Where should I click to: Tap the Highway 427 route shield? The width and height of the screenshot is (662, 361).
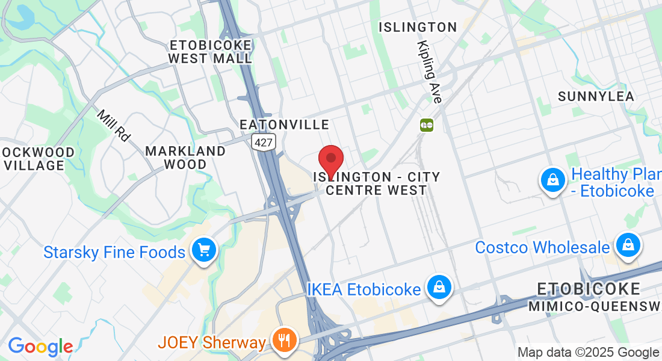264,143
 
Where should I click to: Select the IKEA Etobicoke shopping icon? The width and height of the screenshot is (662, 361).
440,288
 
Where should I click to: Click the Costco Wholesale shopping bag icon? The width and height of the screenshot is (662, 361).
628,245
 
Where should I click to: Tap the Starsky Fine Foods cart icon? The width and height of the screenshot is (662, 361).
203,251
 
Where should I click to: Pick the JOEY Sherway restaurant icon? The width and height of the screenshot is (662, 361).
282,341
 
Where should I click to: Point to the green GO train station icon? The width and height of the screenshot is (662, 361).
427,125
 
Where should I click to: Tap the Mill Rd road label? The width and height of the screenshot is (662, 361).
113,126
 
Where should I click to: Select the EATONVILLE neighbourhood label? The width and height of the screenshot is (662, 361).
285,125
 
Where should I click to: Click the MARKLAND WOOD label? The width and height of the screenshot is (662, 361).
185,157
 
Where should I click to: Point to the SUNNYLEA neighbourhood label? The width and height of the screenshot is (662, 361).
596,96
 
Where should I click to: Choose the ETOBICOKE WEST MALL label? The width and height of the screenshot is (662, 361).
210,52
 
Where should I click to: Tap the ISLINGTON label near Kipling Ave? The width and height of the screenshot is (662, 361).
418,27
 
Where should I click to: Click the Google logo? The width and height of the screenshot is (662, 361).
40,347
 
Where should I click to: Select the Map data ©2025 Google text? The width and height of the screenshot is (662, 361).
589,353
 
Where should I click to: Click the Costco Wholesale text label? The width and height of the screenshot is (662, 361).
542,247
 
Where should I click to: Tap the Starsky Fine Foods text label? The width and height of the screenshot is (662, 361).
114,251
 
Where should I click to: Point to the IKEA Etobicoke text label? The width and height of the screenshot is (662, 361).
363,289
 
